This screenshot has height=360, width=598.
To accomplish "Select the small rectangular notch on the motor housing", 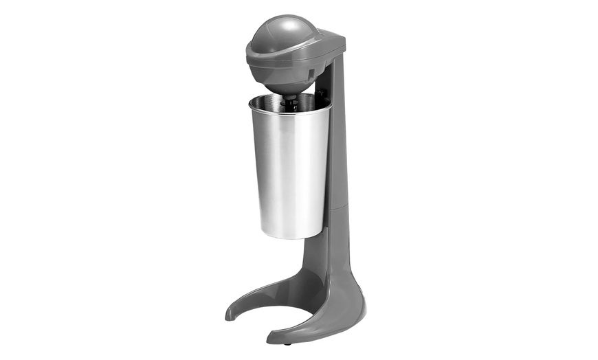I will click(310, 72).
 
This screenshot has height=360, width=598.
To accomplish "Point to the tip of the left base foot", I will click(230, 315).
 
